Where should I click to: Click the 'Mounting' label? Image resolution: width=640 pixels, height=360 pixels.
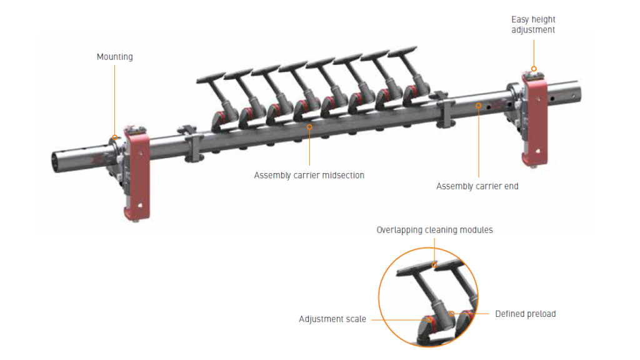(114, 57)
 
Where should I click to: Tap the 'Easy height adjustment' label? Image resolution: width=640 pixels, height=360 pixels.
(533, 25)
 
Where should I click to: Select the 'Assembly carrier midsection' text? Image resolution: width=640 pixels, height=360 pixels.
(309, 175)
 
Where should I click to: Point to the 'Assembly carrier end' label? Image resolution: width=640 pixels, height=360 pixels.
(477, 186)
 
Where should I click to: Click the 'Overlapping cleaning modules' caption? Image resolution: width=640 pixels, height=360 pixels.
(434, 230)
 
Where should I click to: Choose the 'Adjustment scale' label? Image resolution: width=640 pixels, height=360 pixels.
(332, 319)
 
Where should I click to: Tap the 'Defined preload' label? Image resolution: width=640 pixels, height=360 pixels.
(525, 314)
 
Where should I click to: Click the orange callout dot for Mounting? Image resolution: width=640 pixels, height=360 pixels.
(114, 137)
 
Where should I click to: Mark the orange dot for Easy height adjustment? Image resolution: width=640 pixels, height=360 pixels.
(533, 69)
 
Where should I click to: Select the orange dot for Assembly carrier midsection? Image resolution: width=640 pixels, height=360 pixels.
(309, 127)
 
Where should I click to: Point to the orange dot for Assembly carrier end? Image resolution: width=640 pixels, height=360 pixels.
(478, 106)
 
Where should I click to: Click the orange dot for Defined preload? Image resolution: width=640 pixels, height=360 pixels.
(451, 313)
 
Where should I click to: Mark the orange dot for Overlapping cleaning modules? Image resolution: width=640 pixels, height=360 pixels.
(434, 264)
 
